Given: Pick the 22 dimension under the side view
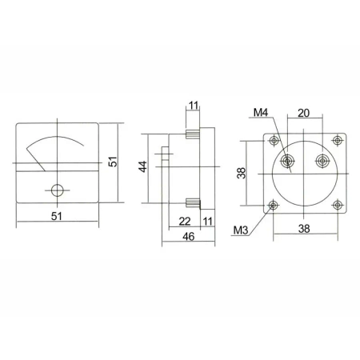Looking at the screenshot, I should point(185,221).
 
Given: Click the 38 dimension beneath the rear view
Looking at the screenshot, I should point(306,227).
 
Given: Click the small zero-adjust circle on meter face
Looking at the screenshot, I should point(57,190).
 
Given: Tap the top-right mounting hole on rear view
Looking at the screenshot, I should point(337,141).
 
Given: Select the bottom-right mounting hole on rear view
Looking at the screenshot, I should point(337,205).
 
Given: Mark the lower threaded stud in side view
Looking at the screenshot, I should point(193,203).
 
